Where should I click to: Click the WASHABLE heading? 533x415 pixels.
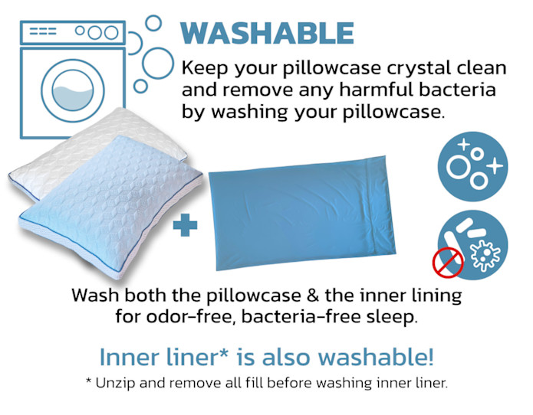click(267, 33)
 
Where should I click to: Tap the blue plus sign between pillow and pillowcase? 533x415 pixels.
click(185, 224)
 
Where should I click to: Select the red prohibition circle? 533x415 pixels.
click(448, 263)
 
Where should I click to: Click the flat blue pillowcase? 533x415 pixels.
click(302, 213)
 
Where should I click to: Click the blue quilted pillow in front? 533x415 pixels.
click(110, 207)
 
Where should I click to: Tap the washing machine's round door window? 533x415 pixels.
click(73, 90)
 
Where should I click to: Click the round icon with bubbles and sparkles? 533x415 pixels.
click(472, 167)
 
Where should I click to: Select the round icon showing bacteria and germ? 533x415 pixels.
click(474, 245)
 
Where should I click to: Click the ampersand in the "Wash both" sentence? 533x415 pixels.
click(313, 296)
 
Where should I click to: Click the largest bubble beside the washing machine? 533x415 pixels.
click(158, 64)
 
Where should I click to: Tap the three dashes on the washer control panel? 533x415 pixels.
click(43, 31)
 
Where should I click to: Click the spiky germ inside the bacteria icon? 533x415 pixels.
click(485, 255)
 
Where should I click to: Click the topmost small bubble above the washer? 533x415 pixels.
click(153, 23)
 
